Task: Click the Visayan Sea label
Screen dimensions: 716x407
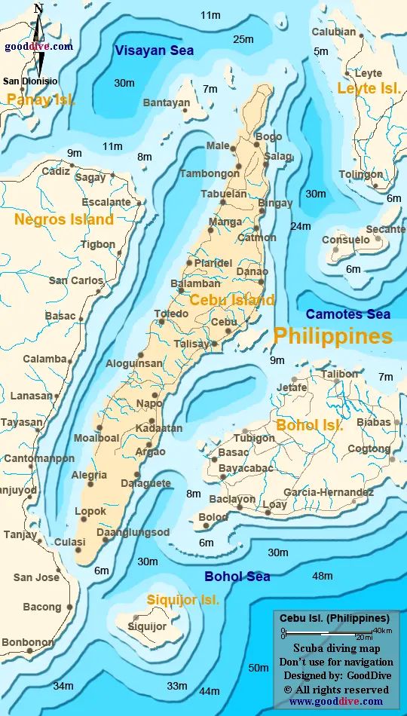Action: tap(154, 50)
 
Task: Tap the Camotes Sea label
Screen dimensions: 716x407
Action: tap(347, 314)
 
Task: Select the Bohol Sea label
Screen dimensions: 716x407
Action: tap(237, 577)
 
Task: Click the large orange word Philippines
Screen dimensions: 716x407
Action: tap(332, 335)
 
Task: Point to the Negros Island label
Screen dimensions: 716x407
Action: tap(64, 219)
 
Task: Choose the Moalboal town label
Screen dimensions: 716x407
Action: tap(96, 438)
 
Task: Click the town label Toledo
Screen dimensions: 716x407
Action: tap(171, 314)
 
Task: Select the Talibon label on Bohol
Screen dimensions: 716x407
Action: tap(339, 374)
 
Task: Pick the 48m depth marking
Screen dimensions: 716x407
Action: tap(322, 576)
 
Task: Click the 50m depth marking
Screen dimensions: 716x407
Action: tap(259, 668)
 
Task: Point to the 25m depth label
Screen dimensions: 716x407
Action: tap(243, 39)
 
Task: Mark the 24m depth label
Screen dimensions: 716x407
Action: tap(301, 226)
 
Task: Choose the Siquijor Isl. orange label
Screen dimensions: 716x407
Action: tap(183, 600)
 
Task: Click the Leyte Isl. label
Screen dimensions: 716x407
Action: tap(369, 89)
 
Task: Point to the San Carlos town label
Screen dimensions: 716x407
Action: tap(76, 280)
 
